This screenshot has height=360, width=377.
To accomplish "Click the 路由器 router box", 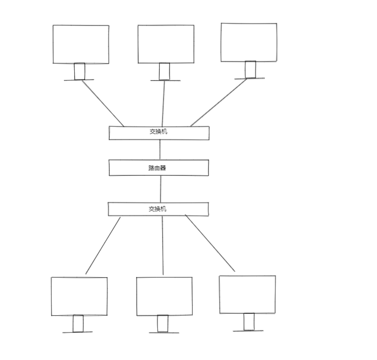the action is (158, 168).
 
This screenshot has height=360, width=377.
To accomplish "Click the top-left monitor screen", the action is (81, 44).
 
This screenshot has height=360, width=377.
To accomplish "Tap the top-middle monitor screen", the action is (166, 44).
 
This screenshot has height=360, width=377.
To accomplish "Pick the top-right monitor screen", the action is (249, 42).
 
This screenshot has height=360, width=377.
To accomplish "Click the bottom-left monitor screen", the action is (79, 296).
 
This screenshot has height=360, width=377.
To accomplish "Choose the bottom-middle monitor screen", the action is (164, 296).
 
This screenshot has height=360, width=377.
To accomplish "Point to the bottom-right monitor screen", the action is (247, 294).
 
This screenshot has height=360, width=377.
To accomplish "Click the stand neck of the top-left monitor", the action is (79, 71).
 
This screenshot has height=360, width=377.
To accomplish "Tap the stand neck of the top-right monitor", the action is (250, 69).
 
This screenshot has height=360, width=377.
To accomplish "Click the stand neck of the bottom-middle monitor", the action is (163, 323).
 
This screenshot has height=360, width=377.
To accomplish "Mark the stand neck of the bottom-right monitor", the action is (249, 321).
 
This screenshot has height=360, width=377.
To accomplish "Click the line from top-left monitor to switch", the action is (103, 103).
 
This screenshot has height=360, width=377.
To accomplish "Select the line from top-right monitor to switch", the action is (219, 102).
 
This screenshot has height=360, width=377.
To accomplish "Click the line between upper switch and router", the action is (160, 149).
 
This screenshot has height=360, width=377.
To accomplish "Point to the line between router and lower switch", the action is (160, 189).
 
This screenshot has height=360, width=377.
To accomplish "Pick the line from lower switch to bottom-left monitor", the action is (103, 245).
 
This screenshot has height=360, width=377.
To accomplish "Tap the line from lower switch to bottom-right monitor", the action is (210, 243).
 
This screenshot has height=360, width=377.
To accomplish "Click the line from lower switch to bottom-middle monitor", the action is (163, 245).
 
